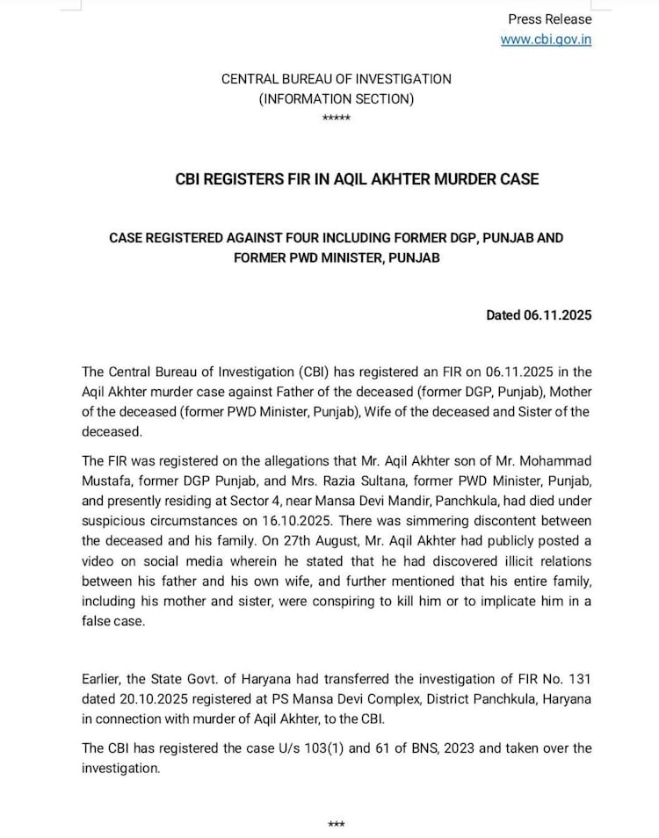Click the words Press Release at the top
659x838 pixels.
pyautogui.click(x=550, y=19)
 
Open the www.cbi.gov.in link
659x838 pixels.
pyautogui.click(x=546, y=40)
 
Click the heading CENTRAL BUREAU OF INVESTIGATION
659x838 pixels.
pyautogui.click(x=336, y=79)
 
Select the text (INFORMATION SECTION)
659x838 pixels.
pyautogui.click(x=336, y=99)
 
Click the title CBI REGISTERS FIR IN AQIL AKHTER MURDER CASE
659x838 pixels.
pyautogui.click(x=357, y=179)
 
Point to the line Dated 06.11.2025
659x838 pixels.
pyautogui.click(x=539, y=315)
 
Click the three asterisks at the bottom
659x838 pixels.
pyautogui.click(x=336, y=825)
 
